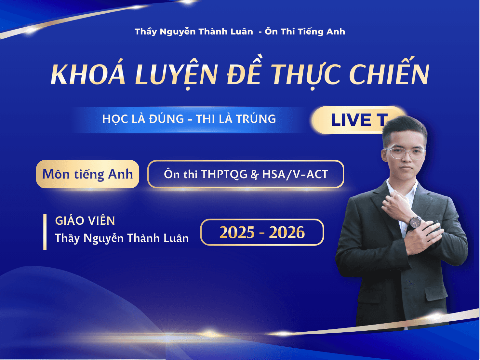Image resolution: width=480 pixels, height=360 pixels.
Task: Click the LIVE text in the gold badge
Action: [x=351, y=120]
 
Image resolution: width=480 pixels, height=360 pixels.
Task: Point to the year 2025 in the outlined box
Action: [x=237, y=233]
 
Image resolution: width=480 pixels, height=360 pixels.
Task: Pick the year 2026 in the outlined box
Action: [x=287, y=233]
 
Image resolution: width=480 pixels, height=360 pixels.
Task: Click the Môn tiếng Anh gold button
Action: [x=87, y=174]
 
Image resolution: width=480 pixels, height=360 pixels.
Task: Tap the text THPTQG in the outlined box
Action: [x=224, y=174]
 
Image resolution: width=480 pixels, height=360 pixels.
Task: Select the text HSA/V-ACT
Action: [x=295, y=174]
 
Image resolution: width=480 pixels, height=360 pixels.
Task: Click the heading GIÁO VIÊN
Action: [x=85, y=221]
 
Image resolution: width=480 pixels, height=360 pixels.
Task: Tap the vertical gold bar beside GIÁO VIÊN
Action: [x=45, y=232]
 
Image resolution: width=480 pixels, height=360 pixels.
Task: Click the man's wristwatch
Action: [x=415, y=223]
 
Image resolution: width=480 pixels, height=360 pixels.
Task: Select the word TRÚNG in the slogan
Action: [x=256, y=119]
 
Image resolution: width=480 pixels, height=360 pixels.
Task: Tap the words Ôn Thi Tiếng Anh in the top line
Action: [x=305, y=32]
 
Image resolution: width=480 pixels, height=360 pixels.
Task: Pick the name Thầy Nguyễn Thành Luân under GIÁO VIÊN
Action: [x=122, y=238]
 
